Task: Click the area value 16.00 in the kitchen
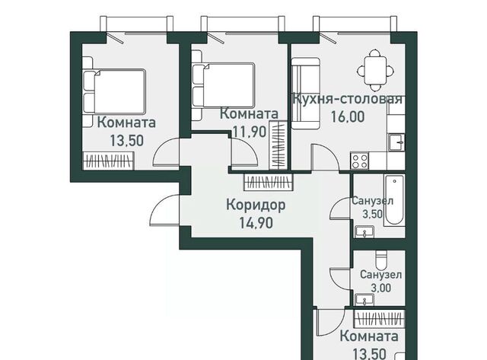tap(347, 117)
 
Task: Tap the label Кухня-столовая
tap(348, 99)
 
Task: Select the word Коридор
tap(256, 205)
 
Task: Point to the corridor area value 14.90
tap(256, 223)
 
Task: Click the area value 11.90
tap(250, 132)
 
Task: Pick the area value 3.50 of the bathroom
tap(372, 214)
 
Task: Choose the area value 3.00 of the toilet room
tap(381, 288)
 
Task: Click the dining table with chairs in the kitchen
tap(375, 71)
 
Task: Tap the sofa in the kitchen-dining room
tap(306, 93)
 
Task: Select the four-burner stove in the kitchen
tap(360, 161)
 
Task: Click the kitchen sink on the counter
tap(396, 142)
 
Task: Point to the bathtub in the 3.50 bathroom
tap(394, 201)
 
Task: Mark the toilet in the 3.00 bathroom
tap(380, 260)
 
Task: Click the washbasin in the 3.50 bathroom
tap(364, 231)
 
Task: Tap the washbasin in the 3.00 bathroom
tap(364, 300)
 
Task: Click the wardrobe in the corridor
tap(269, 182)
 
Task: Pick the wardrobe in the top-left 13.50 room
tap(108, 161)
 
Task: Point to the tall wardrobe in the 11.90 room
tap(278, 145)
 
